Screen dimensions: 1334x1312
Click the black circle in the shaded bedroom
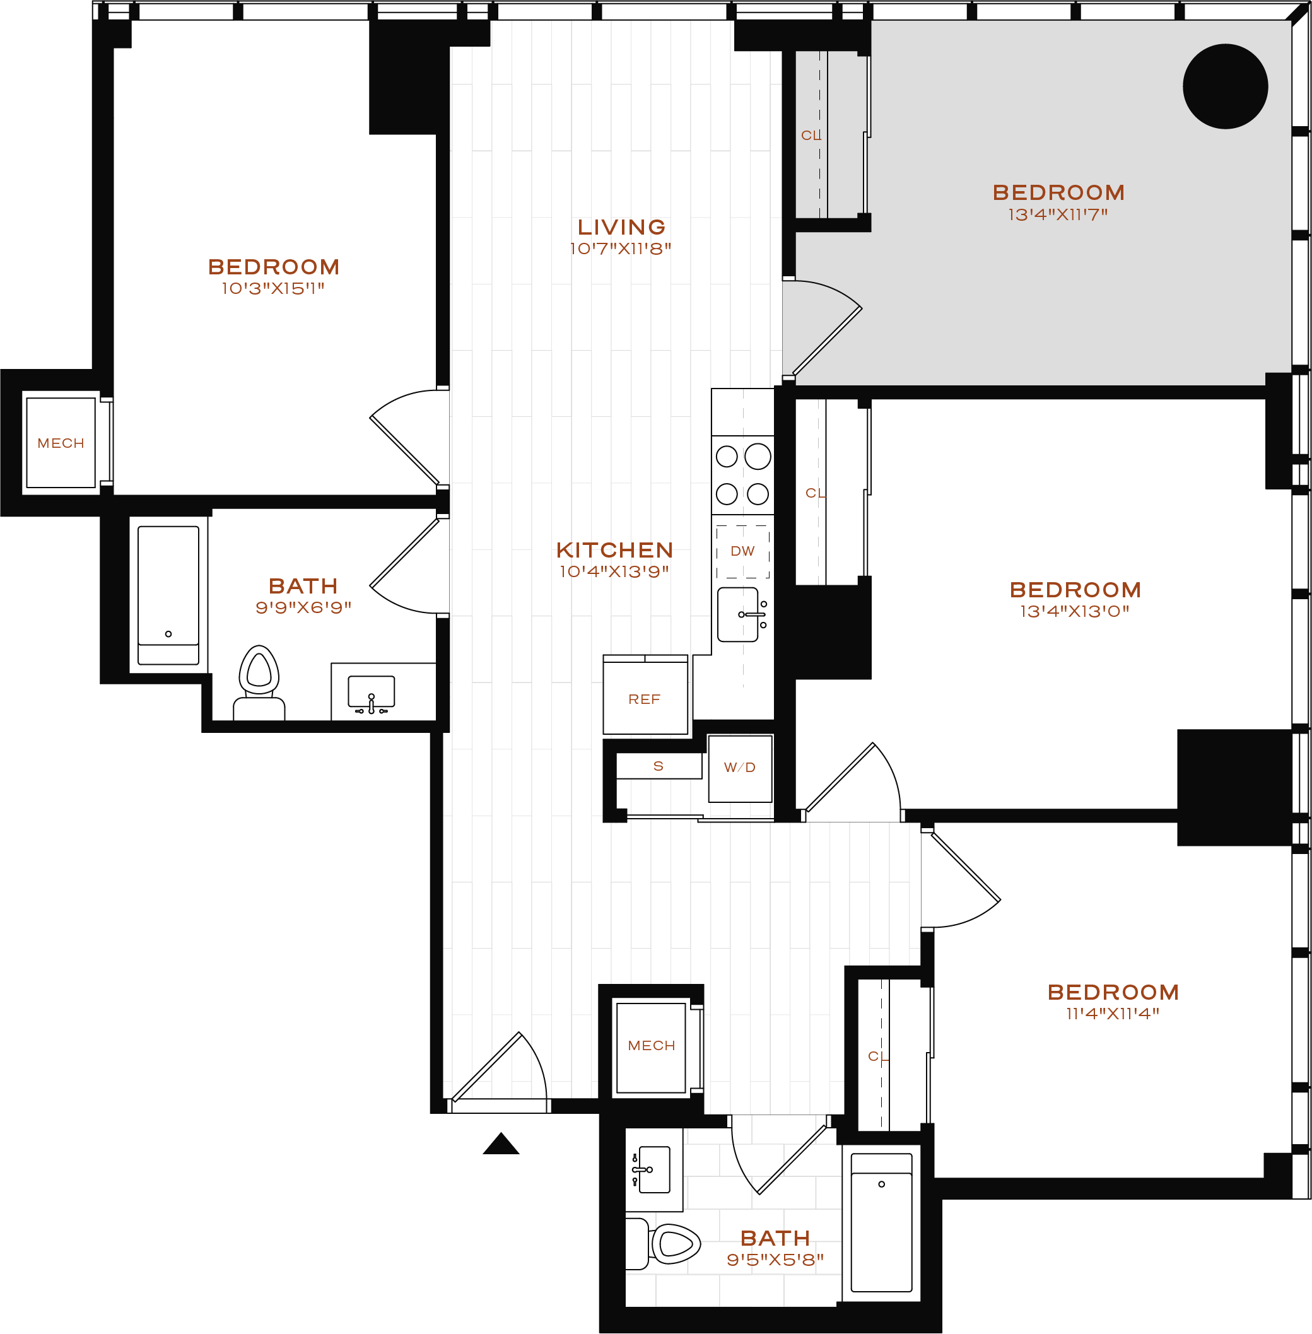pos(1225,86)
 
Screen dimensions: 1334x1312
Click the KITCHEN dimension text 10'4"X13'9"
pos(614,571)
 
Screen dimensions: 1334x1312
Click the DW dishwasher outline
pos(743,551)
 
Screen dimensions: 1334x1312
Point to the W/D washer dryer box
pos(740,768)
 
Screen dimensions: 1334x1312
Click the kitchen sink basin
pos(737,614)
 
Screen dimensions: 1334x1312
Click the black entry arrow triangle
pos(501,1145)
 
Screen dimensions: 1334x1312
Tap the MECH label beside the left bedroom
pos(61,443)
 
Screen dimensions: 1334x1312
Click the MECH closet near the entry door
pos(651,1045)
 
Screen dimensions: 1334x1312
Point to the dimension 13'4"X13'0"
pos(1074,611)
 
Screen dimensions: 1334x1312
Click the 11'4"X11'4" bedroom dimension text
pos(1112,1014)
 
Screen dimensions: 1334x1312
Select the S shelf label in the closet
pos(658,766)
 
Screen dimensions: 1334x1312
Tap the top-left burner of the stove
pos(726,456)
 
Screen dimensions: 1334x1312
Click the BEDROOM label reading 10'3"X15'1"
pos(274,267)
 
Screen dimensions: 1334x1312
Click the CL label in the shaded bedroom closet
pos(811,136)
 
